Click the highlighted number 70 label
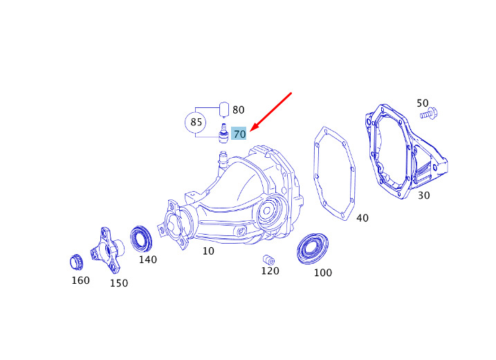coord(239,134)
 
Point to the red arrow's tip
coord(250,131)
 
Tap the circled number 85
coord(196,123)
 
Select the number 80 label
coord(238,110)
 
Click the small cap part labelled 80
coord(224,109)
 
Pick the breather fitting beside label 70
coord(223,134)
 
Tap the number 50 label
coord(423,103)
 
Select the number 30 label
coord(424,195)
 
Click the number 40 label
coord(362,218)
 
